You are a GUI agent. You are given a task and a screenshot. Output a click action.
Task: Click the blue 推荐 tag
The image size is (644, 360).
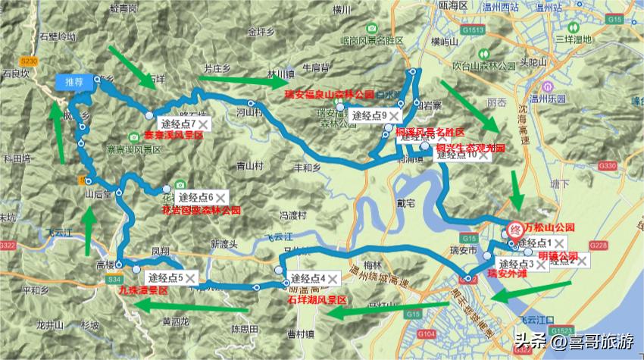(x=73, y=82)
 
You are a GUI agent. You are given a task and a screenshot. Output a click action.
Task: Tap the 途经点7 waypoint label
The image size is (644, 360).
(x=177, y=123)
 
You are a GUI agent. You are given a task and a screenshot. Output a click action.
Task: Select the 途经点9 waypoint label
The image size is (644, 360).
(x=367, y=115)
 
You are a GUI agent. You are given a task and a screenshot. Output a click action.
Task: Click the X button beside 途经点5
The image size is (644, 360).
(x=190, y=278)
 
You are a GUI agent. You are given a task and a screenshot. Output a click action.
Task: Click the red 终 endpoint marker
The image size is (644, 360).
(x=514, y=227)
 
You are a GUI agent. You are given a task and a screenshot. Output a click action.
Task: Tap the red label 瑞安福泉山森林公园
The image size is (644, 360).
(x=330, y=95)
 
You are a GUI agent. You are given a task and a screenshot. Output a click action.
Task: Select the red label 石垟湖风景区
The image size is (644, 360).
(x=317, y=300)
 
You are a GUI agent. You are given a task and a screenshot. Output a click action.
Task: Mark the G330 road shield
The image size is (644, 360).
(x=607, y=164)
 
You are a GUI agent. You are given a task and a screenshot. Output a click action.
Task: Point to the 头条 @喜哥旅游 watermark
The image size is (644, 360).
(x=575, y=340)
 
